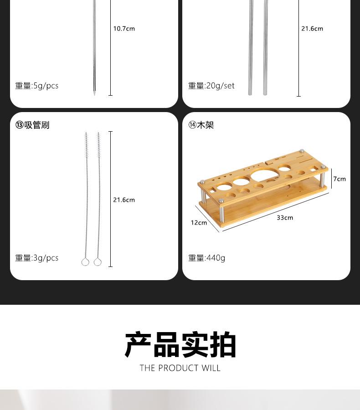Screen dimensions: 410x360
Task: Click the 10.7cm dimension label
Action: (124, 29)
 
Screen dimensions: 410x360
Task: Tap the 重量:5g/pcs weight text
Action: (37, 86)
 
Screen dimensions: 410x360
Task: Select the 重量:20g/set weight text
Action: (211, 86)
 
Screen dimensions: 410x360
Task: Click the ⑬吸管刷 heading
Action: (32, 125)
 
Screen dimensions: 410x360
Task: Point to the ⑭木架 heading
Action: (201, 125)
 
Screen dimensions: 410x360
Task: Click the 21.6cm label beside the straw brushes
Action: (124, 200)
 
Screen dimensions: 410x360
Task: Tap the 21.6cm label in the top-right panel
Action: (312, 29)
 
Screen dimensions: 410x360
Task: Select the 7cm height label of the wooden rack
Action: (339, 179)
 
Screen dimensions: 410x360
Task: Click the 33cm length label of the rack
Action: (285, 218)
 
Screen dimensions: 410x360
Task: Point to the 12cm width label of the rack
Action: (199, 223)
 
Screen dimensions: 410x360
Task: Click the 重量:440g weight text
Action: (207, 258)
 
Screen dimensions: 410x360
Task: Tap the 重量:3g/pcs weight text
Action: (37, 258)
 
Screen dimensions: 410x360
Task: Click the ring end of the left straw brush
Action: (85, 262)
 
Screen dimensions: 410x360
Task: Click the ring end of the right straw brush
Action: (98, 262)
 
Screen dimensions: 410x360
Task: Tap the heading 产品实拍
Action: (180, 345)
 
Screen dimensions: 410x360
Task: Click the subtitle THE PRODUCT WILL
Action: (180, 368)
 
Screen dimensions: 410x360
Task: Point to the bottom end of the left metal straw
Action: (250, 93)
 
